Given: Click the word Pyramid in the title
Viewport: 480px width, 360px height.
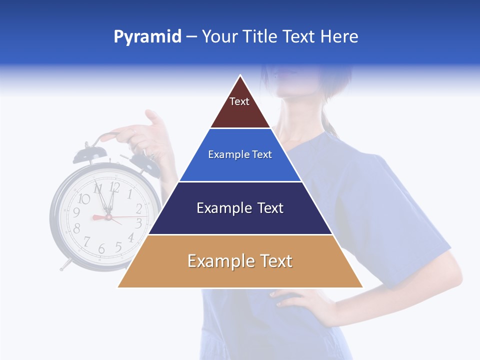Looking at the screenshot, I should pyautogui.click(x=147, y=37).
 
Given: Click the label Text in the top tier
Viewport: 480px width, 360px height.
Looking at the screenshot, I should pyautogui.click(x=239, y=101).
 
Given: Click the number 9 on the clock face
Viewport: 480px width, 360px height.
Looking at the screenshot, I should pyautogui.click(x=76, y=212).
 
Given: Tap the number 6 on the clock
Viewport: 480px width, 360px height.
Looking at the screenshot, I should pyautogui.click(x=101, y=248).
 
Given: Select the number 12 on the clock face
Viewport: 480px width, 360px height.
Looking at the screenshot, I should pyautogui.click(x=114, y=187).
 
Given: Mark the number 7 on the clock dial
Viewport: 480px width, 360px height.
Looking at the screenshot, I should pyautogui.click(x=86, y=241).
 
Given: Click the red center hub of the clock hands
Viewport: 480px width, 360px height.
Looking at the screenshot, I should pyautogui.click(x=108, y=217).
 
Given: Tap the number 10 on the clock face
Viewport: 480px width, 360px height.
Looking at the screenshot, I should pyautogui.click(x=84, y=199).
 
